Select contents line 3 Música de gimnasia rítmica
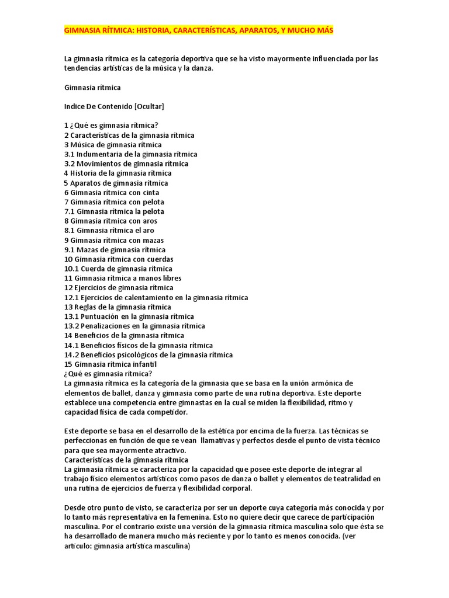coord(113,145)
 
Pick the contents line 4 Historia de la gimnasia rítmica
coord(118,173)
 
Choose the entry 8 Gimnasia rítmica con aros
coord(110,221)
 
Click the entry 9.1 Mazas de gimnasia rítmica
coord(115,249)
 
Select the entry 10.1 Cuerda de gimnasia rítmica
coord(118,269)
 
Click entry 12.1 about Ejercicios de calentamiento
coord(156,297)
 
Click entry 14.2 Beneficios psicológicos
coord(148,354)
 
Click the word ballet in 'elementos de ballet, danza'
coord(115,393)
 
